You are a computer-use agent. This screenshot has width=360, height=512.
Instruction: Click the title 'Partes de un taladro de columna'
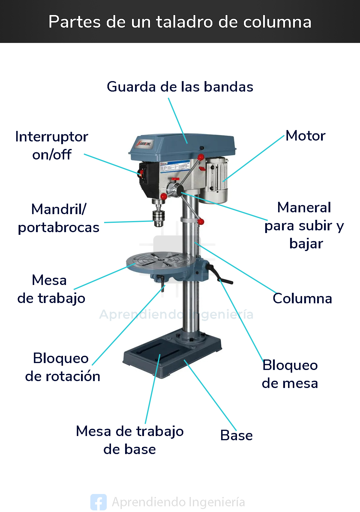coord(180,22)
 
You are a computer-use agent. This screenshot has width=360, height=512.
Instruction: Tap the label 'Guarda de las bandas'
coord(180,87)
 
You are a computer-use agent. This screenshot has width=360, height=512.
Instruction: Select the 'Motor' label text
coord(305,136)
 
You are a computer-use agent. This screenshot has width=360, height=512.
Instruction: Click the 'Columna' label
coord(302,298)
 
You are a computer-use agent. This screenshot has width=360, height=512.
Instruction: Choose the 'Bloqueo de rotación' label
coord(62,367)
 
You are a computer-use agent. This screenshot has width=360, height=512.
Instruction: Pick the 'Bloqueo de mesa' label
coord(290,374)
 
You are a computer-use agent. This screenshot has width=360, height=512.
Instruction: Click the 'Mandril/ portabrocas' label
coord(59,218)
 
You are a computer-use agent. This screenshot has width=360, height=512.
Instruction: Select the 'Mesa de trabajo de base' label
coord(130,440)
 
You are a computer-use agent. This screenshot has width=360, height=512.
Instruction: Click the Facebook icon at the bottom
coord(98,502)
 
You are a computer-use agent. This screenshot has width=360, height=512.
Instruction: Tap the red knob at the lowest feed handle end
coord(201,221)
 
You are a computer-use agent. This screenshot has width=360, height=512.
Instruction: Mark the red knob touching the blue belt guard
coord(201,157)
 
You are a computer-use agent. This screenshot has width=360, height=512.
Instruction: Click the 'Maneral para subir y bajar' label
coord(304,226)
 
